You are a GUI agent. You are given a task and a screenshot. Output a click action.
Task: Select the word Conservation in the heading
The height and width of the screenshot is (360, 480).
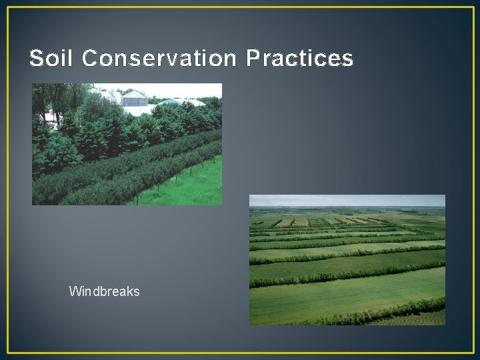point(159,59)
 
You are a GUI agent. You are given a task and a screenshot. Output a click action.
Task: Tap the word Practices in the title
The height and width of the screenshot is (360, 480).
point(299,59)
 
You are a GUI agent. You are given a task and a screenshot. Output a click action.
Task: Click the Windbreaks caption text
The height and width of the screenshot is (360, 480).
point(104,291)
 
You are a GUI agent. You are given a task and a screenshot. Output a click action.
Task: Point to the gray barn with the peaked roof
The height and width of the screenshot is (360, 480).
point(135,98)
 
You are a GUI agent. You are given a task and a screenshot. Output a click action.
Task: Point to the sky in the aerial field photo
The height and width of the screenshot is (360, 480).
point(347,200)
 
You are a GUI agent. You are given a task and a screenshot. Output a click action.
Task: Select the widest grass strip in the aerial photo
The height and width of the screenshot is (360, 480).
point(347,297)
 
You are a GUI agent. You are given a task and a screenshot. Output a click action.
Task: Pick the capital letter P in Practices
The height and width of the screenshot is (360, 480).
point(253,59)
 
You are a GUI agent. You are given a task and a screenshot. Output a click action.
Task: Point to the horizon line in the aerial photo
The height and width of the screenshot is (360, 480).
point(347,207)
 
